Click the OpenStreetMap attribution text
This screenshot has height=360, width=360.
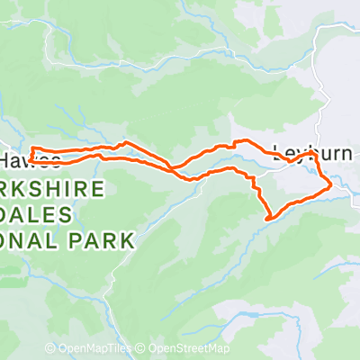coord(189,349)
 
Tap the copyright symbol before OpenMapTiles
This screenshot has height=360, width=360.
coord(50,349)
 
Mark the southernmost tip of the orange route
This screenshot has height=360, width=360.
coord(268,218)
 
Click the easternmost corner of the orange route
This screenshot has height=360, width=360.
coord(331,184)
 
